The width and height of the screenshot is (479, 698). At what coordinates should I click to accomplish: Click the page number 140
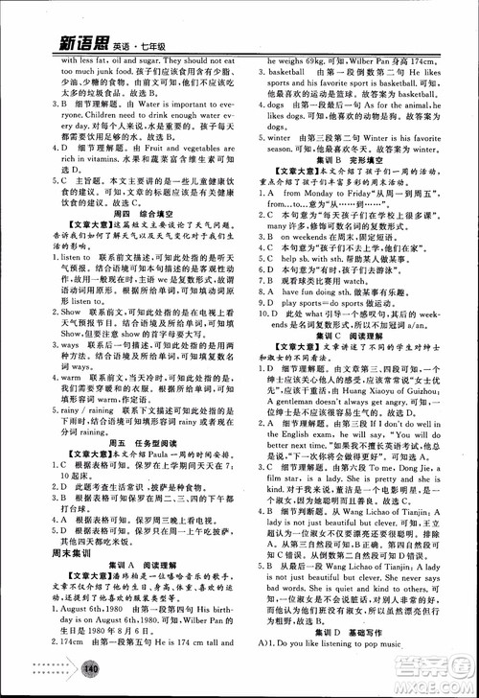(x=92, y=668)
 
